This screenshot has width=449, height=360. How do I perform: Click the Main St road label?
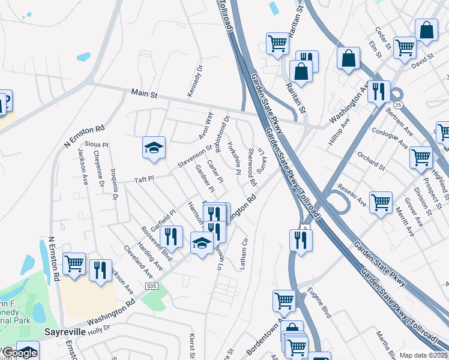(x=144, y=94)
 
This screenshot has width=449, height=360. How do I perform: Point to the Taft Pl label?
(x=144, y=179)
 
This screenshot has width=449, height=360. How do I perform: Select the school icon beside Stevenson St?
(x=154, y=148)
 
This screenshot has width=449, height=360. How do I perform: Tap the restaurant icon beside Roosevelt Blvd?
(x=172, y=236)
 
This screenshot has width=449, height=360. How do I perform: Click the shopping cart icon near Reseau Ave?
(x=381, y=203)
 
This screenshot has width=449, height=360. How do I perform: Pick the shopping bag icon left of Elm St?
(x=348, y=58)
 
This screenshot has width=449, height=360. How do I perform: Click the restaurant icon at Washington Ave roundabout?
(x=378, y=91)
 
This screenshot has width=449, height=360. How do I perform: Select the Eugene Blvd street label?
(x=319, y=304)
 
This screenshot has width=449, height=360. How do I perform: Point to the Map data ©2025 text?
(x=423, y=355)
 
